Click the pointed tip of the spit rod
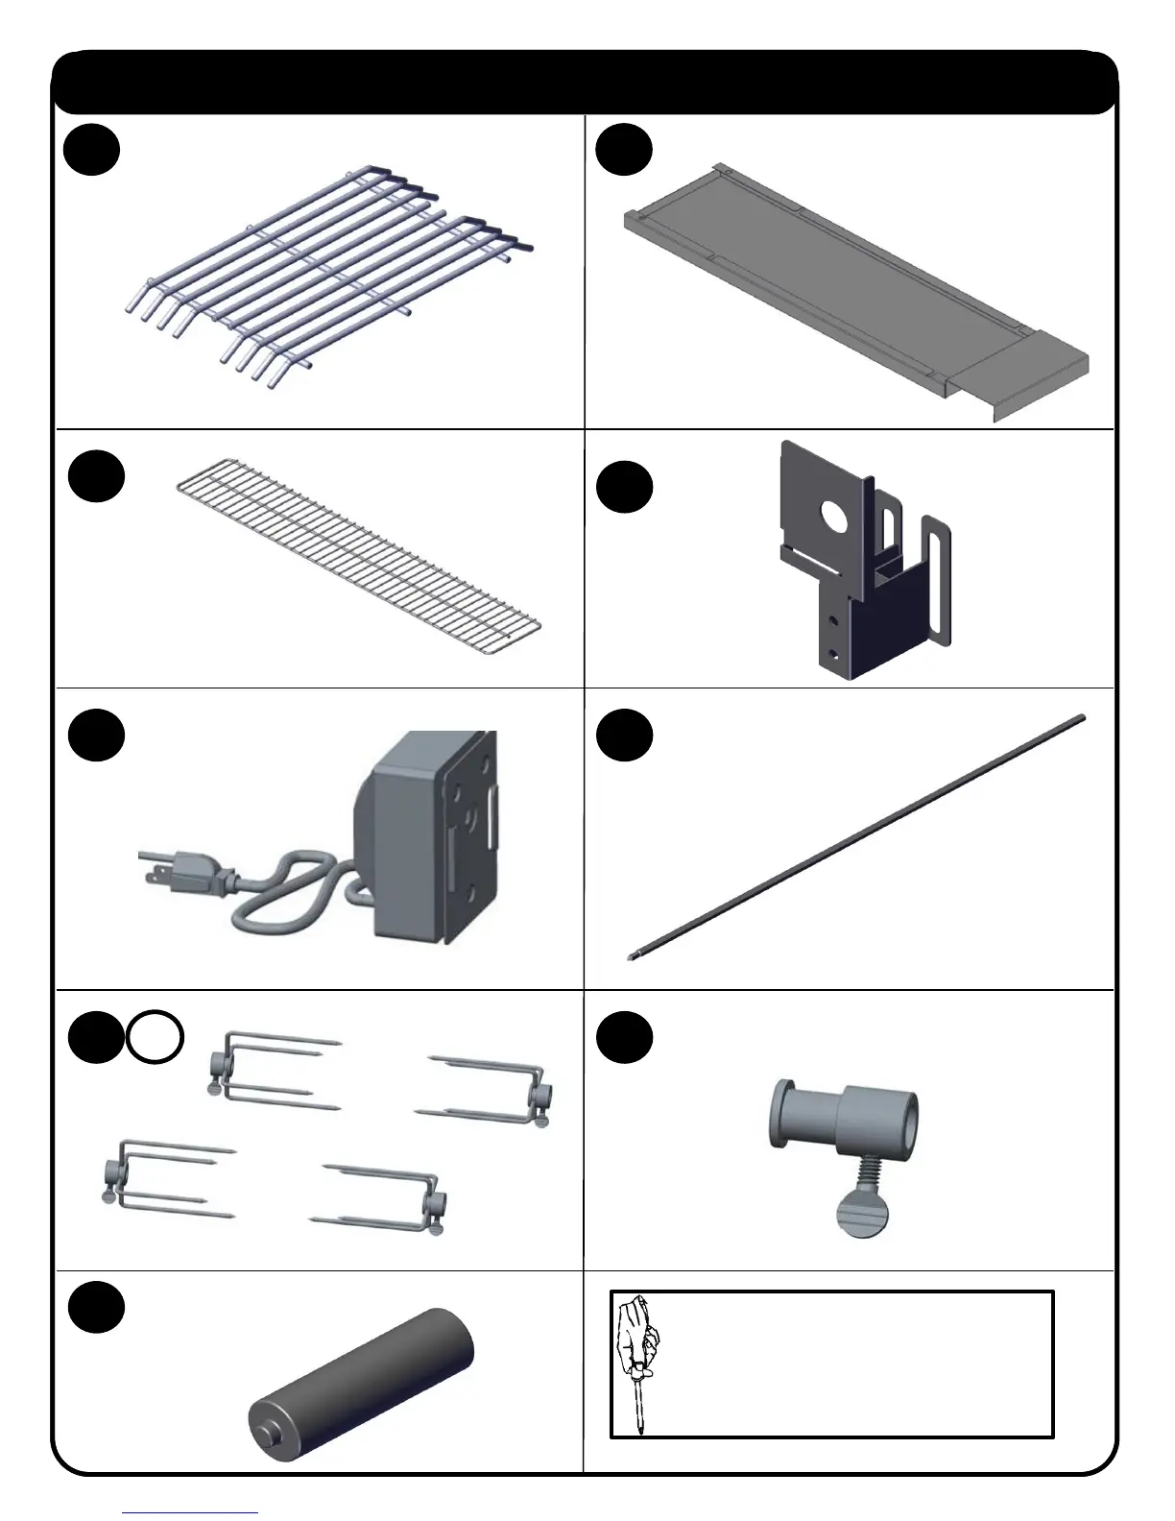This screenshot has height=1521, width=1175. pos(632,955)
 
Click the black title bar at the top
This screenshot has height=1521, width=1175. pos(585,83)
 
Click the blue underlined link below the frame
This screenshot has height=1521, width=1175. pos(190,1512)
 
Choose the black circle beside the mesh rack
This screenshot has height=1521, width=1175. pos(97,476)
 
